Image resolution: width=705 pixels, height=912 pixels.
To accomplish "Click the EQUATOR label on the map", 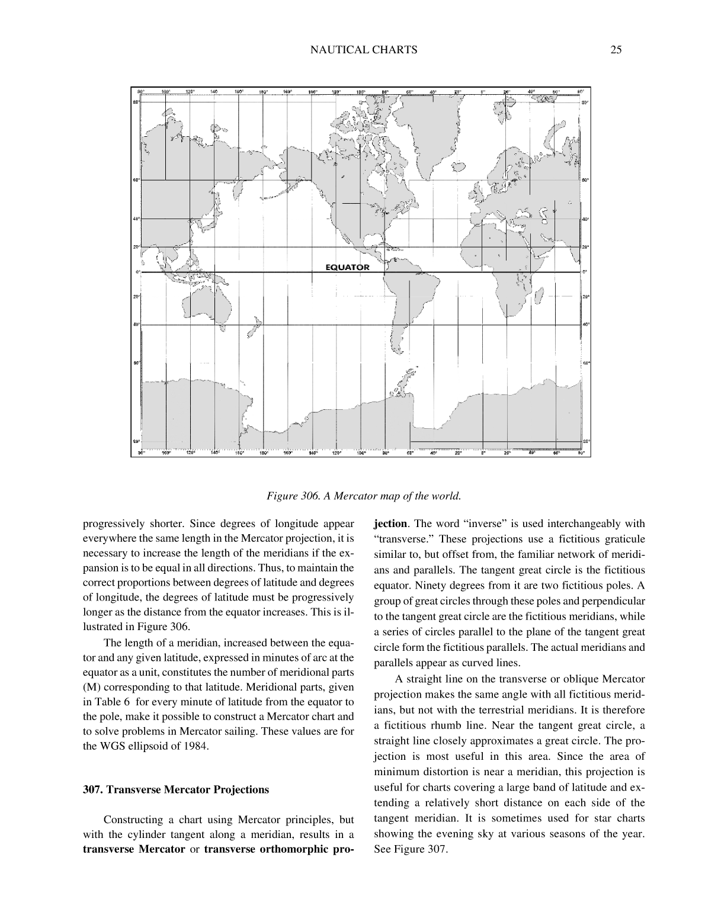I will (x=347, y=267).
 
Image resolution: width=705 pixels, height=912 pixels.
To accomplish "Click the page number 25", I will (x=616, y=50).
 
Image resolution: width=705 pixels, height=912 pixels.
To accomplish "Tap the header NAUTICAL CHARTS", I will (x=364, y=50).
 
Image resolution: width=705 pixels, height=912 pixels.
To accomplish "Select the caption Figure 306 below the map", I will (x=364, y=495).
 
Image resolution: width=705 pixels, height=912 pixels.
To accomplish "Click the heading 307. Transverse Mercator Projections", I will (x=175, y=789).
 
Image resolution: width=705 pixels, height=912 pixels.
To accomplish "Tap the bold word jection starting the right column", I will (x=390, y=524).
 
